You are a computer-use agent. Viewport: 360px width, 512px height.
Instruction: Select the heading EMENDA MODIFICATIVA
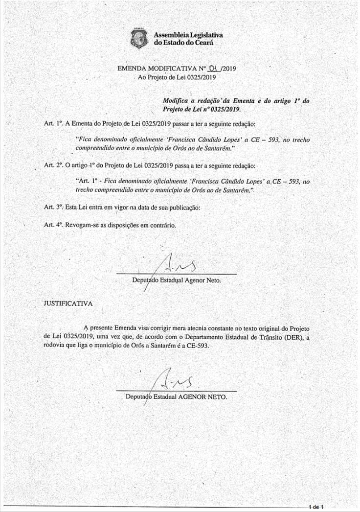155,69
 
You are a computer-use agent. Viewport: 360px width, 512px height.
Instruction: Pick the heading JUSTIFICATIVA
68,303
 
